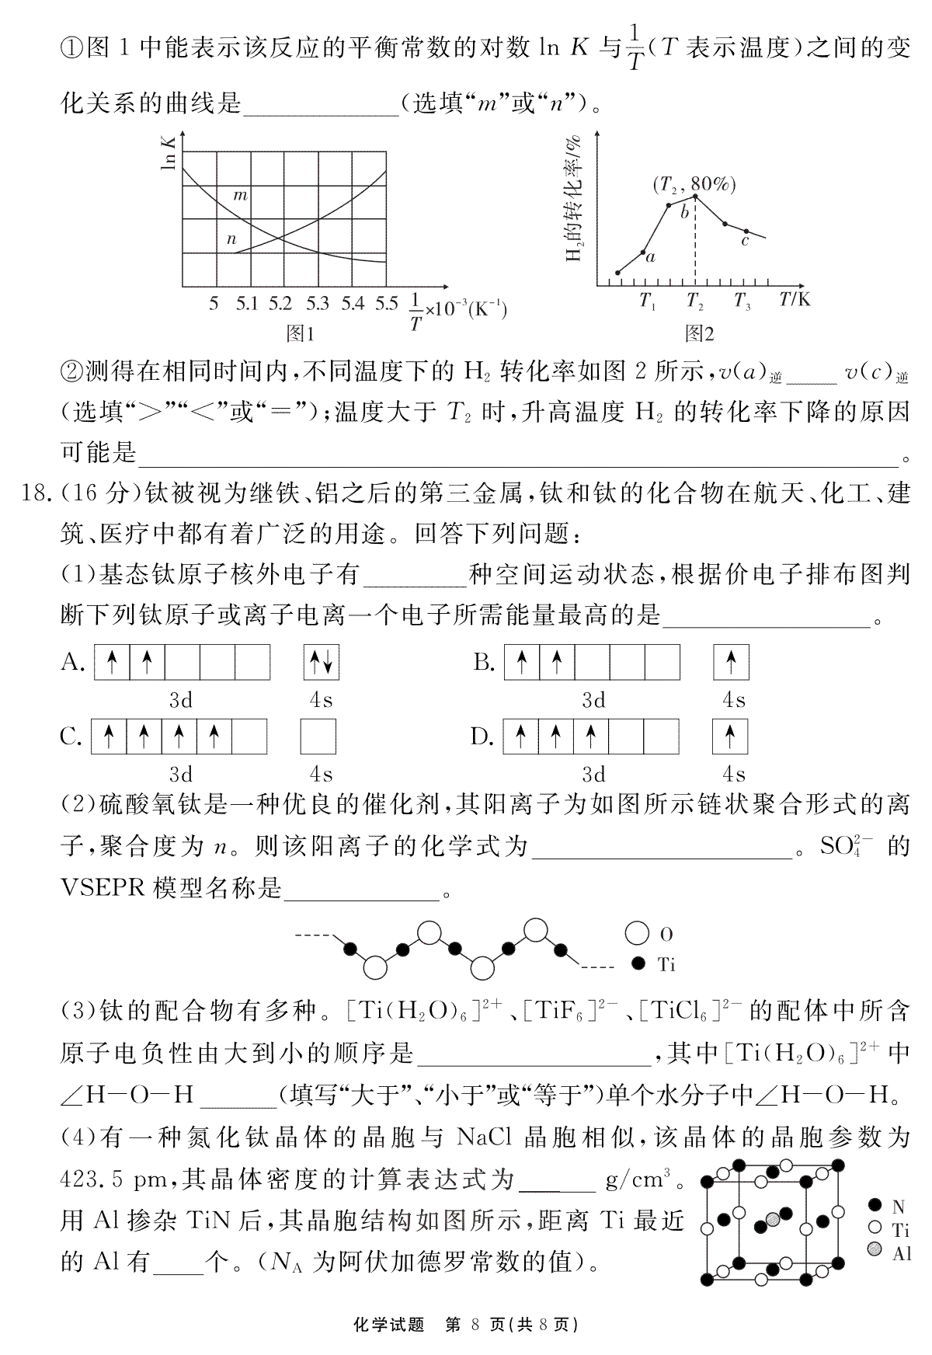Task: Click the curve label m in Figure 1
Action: click(241, 195)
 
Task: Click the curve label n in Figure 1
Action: click(231, 239)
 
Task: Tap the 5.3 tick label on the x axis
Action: click(317, 304)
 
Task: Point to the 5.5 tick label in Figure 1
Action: click(386, 304)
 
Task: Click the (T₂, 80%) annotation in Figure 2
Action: click(694, 184)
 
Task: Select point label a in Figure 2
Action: click(650, 257)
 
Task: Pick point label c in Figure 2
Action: click(745, 241)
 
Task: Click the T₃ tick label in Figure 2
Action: click(742, 301)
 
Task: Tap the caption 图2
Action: click(699, 334)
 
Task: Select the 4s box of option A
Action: click(322, 663)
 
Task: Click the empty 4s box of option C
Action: click(318, 736)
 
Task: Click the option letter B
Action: click(484, 663)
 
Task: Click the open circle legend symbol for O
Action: click(637, 934)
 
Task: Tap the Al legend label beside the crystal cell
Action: click(901, 1252)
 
